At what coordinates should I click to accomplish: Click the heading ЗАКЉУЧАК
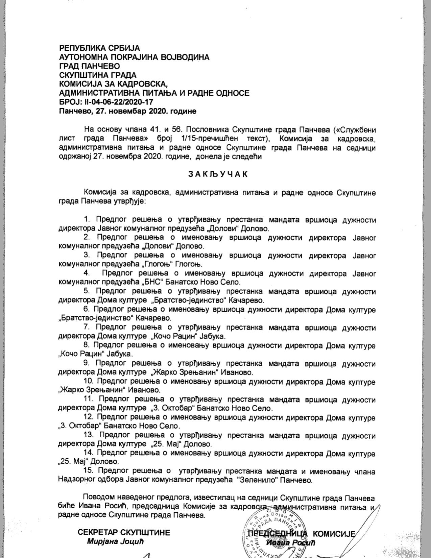(218, 174)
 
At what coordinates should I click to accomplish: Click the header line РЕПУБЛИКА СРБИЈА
(99, 48)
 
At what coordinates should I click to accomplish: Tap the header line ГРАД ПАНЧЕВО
(90, 66)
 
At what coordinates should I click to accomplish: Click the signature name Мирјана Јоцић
(116, 542)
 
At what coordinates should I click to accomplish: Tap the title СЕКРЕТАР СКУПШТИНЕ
(124, 533)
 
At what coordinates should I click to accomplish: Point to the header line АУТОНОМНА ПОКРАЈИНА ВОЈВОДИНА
(134, 57)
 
